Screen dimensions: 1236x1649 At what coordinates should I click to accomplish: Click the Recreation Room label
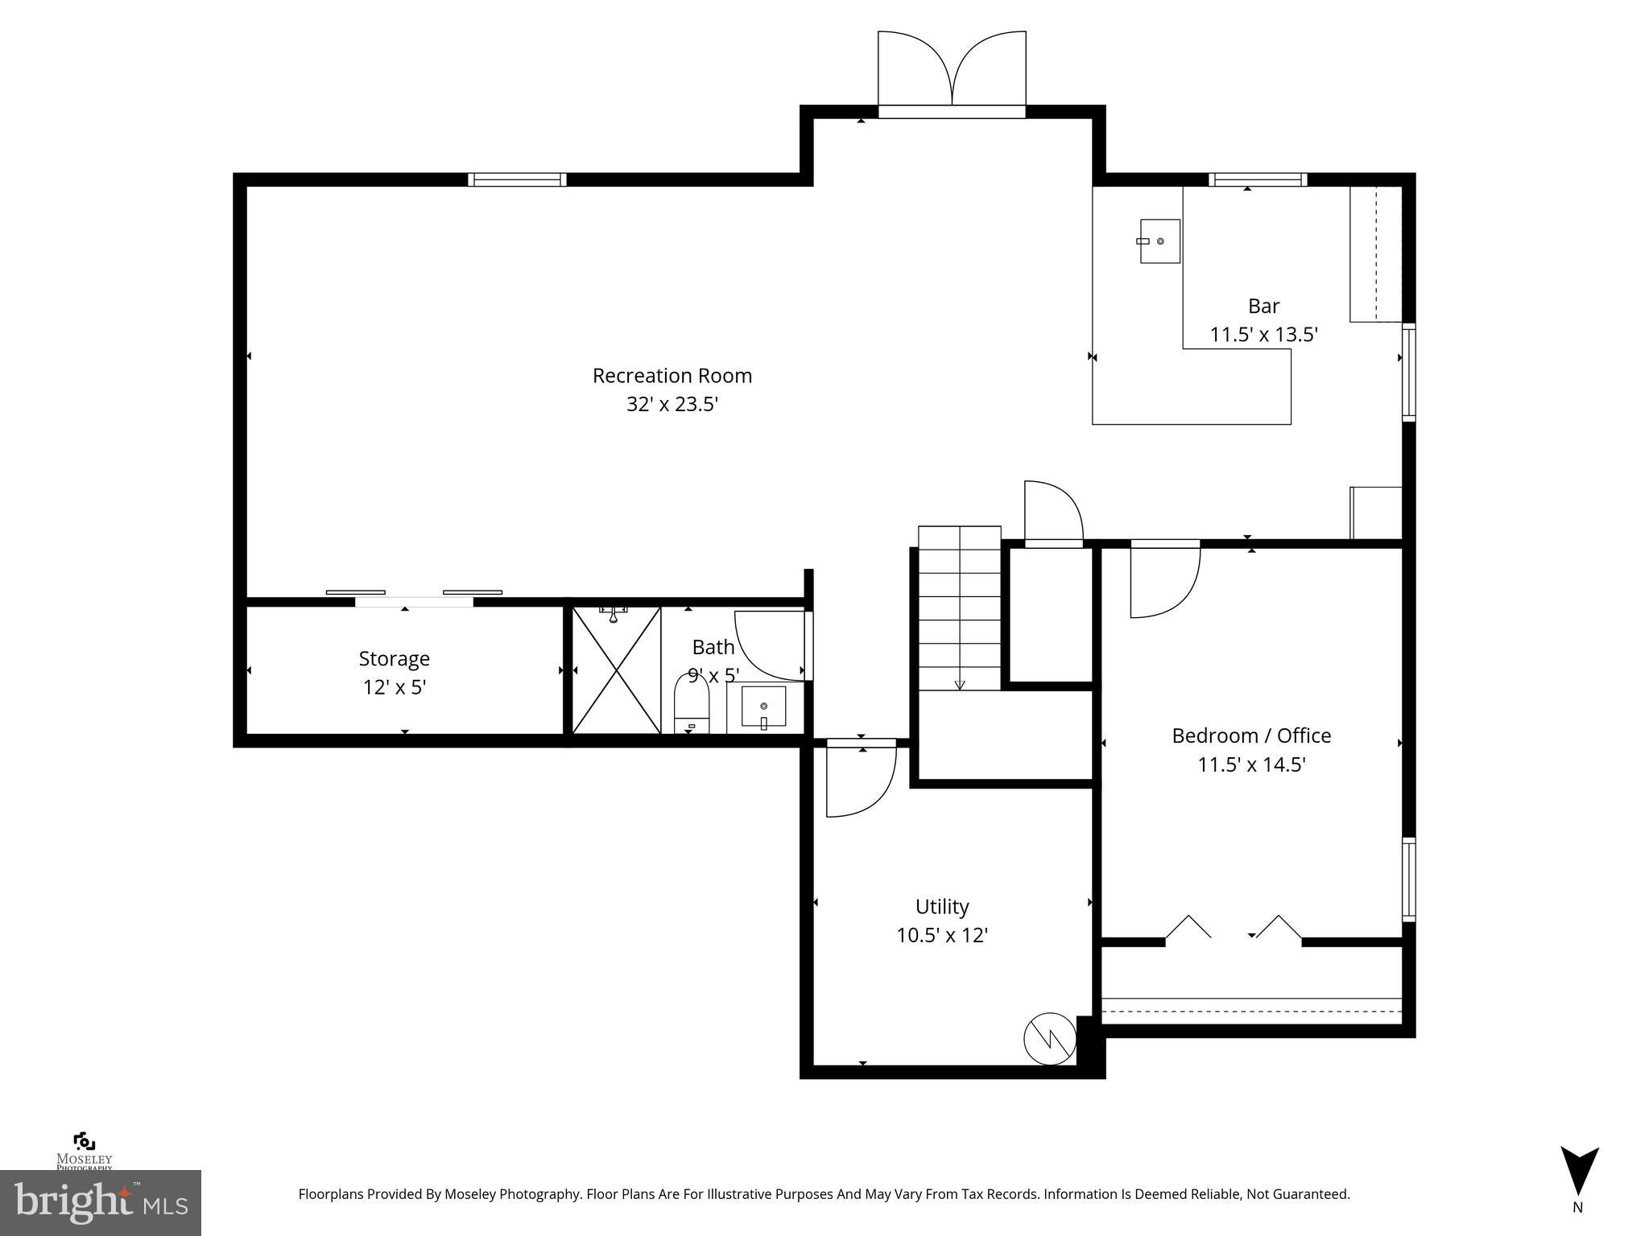pos(672,376)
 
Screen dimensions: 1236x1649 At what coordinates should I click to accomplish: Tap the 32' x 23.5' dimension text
pos(672,404)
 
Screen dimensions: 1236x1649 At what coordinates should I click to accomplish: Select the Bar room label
pos(1263,306)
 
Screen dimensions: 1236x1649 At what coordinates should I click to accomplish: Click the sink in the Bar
pos(1159,241)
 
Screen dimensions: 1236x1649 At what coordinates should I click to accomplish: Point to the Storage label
pos(394,658)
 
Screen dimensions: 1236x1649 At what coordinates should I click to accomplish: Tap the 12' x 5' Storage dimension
pos(394,687)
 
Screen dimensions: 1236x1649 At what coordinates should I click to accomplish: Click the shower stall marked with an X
pos(616,669)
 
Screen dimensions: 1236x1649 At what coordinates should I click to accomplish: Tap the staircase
pos(959,608)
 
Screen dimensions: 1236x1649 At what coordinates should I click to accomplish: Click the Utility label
pos(941,906)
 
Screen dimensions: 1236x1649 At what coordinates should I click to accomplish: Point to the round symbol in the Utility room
pos(1049,1038)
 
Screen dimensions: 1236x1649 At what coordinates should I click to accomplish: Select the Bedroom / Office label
pos(1250,735)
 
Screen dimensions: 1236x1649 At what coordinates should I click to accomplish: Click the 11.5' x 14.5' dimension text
pos(1250,764)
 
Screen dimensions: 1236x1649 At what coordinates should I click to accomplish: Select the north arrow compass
pos(1579,1173)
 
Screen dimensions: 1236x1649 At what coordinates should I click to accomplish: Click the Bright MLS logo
pos(100,1202)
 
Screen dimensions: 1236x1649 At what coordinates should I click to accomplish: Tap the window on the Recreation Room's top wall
pos(517,179)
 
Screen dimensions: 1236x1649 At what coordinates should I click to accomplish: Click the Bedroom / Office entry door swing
pos(1163,581)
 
